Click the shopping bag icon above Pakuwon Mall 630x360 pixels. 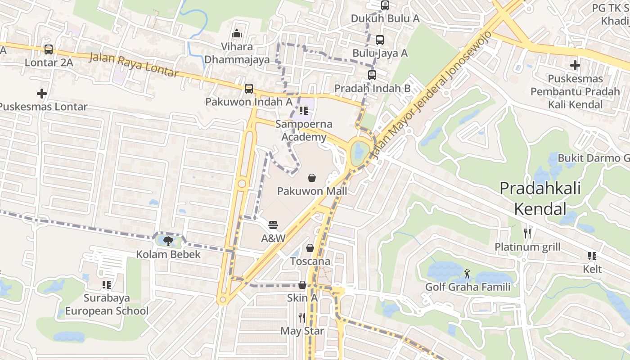pyautogui.click(x=311, y=178)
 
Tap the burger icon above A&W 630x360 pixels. pyautogui.click(x=273, y=225)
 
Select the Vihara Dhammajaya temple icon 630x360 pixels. pyautogui.click(x=237, y=33)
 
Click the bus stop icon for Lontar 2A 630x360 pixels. pyautogui.click(x=48, y=49)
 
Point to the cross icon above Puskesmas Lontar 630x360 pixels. pyautogui.click(x=42, y=94)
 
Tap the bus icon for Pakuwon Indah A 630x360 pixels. pyautogui.click(x=248, y=89)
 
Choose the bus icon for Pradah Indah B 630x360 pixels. pyautogui.click(x=372, y=75)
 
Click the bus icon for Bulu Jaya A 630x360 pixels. pyautogui.click(x=379, y=40)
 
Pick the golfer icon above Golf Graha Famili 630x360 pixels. pyautogui.click(x=468, y=273)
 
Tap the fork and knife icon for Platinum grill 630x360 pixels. pyautogui.click(x=527, y=234)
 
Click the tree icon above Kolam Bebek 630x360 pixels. pyautogui.click(x=168, y=241)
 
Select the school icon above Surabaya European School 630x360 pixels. pyautogui.click(x=106, y=284)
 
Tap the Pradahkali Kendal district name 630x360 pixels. pyautogui.click(x=540, y=198)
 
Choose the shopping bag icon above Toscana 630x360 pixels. pyautogui.click(x=310, y=248)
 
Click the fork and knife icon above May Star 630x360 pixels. pyautogui.click(x=302, y=318)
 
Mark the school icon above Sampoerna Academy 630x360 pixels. pyautogui.click(x=304, y=110)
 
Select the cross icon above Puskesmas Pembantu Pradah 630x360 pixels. pyautogui.click(x=575, y=65)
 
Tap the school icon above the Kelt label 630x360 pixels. pyautogui.click(x=592, y=256)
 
